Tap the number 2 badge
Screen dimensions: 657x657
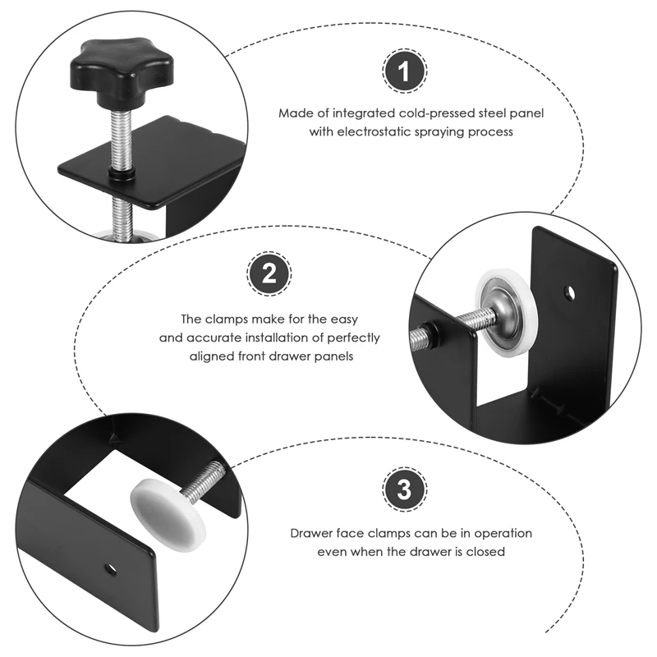pyautogui.click(x=268, y=274)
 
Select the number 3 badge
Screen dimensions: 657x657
pyautogui.click(x=402, y=490)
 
